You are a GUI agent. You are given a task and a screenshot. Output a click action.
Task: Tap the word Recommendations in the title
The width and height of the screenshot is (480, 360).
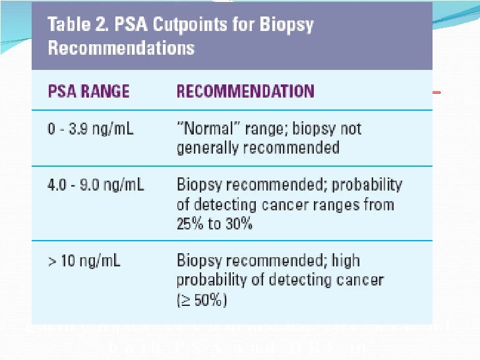(x=121, y=48)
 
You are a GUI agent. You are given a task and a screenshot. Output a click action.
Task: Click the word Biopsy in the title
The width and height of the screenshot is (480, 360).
(x=285, y=26)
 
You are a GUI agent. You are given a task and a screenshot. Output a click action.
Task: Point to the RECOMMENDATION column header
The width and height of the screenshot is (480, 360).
(x=245, y=91)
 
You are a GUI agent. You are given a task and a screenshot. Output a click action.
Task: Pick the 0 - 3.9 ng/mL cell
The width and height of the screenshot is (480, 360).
(x=90, y=129)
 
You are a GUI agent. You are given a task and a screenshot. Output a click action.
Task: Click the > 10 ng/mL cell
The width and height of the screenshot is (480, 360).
(x=84, y=261)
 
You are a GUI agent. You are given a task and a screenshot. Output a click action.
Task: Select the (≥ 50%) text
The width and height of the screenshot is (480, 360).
(x=202, y=300)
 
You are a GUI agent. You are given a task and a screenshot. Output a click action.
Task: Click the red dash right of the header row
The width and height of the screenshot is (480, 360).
(x=436, y=93)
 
